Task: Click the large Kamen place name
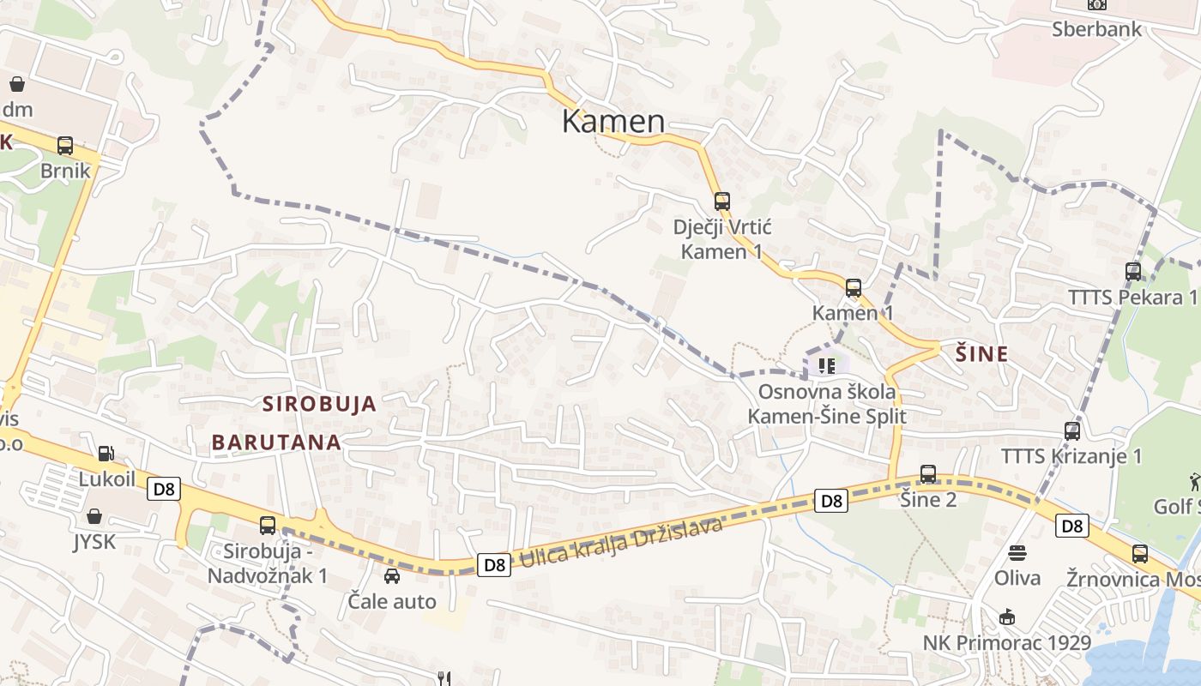point(613,122)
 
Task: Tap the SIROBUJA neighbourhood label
point(319,404)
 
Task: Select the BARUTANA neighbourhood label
point(276,442)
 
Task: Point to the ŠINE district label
point(982,353)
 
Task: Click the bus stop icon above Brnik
point(65,146)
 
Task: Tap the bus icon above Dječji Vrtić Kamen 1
point(722,202)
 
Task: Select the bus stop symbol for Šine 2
point(928,473)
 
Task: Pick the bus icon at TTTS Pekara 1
point(1133,272)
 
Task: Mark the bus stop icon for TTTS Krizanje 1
point(1072,430)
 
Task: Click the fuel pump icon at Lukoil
point(106,453)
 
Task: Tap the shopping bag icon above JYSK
point(94,516)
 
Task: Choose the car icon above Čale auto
point(392,575)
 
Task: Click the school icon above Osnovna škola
point(826,367)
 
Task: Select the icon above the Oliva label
point(1017,552)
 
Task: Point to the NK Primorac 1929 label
point(1007,642)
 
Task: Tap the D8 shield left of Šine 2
point(831,501)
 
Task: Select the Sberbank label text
point(1097,29)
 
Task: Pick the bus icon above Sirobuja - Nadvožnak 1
point(268,525)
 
